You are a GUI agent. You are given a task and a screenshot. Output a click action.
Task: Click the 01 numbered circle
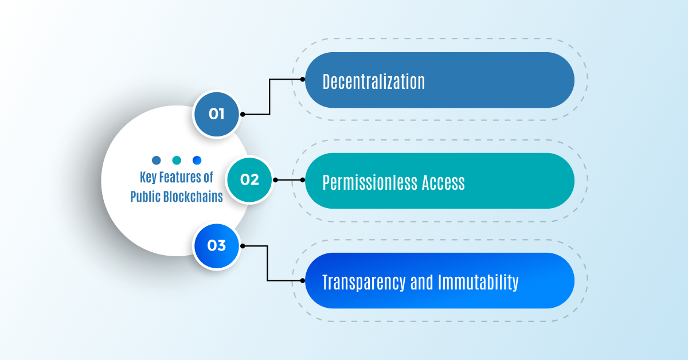[x=216, y=114]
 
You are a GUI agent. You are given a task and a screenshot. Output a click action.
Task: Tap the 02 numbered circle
[x=249, y=179]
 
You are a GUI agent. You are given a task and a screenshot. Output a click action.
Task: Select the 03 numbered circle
[x=216, y=246]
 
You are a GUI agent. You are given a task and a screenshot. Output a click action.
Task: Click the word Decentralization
[x=374, y=81]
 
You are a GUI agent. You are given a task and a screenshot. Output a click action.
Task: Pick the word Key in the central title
[x=148, y=177]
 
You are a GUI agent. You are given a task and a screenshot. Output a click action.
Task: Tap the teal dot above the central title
[x=177, y=160]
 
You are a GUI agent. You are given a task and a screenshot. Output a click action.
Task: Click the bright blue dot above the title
[x=197, y=160]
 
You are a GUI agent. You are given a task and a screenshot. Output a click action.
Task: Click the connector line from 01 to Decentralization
[x=269, y=97]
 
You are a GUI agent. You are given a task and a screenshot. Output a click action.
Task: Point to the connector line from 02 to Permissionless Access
[x=288, y=179]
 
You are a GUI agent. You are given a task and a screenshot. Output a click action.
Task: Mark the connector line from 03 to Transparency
[x=268, y=264]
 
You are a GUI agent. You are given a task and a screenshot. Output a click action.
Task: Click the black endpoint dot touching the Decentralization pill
[x=302, y=79]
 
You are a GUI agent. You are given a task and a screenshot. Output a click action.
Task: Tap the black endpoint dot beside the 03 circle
[x=243, y=246]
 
